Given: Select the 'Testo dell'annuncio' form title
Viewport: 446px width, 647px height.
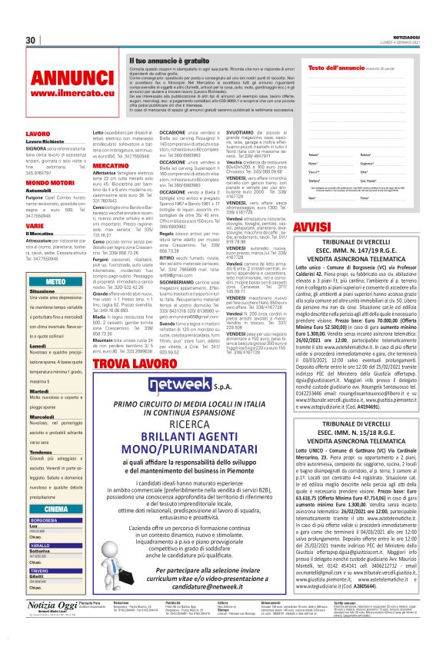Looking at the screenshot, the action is [332, 68].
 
